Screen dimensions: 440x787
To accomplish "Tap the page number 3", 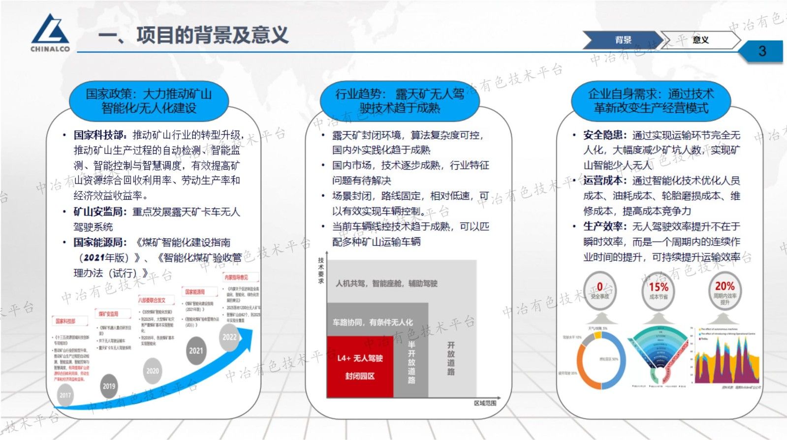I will coord(762,51).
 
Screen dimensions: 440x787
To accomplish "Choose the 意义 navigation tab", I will coord(700,40).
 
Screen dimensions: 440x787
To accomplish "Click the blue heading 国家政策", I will coord(149,101).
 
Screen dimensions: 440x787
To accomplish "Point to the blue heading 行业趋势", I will coord(400,101).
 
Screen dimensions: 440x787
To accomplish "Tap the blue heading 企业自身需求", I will coord(651,101).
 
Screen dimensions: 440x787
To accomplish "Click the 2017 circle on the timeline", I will coord(65,395).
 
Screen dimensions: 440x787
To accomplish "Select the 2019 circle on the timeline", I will coord(109,386).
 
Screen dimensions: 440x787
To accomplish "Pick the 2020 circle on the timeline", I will coord(153,371).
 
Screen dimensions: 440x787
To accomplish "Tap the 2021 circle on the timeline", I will coord(196,350).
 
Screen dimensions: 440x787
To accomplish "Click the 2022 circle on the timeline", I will coord(229,337).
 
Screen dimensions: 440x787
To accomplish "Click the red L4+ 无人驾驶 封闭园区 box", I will coord(360,367).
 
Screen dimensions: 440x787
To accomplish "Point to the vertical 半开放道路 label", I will coord(411,362).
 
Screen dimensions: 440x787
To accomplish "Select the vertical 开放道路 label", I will coord(451,358).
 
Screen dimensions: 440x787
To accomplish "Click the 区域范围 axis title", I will coord(485,403).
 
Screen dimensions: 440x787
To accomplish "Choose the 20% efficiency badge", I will coord(724,291).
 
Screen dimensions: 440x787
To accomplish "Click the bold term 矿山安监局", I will coord(98,212).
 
